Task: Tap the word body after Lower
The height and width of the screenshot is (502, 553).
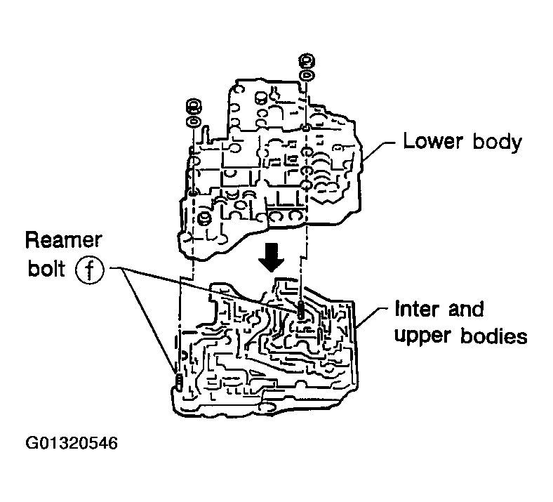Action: point(497,143)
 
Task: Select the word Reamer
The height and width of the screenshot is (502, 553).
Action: point(63,240)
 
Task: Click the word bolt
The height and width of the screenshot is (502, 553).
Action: point(46,268)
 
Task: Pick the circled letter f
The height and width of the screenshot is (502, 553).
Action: point(90,270)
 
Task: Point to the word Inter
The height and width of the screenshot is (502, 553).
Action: point(417,309)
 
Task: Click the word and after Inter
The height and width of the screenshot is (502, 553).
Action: point(466,309)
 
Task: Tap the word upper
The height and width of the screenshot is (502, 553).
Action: point(422,336)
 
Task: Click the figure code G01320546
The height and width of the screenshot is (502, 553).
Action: point(72,443)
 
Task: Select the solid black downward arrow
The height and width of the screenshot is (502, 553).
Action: point(271,258)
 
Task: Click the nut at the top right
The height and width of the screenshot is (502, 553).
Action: point(307,61)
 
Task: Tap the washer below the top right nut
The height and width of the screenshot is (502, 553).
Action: point(307,76)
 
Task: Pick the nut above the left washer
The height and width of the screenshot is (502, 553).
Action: point(193,107)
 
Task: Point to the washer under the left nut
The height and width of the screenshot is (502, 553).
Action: point(193,122)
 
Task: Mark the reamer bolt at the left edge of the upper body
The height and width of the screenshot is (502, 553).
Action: point(179,381)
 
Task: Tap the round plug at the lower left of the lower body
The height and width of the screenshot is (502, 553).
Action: point(203,219)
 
